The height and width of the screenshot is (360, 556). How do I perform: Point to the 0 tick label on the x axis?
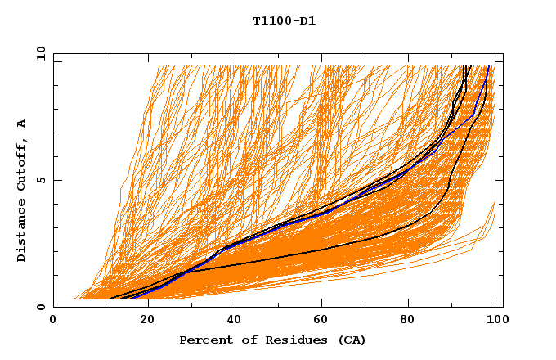[53, 321]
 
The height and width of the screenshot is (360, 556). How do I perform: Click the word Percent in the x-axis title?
[203, 340]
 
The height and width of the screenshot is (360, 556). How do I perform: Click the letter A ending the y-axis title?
[22, 124]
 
